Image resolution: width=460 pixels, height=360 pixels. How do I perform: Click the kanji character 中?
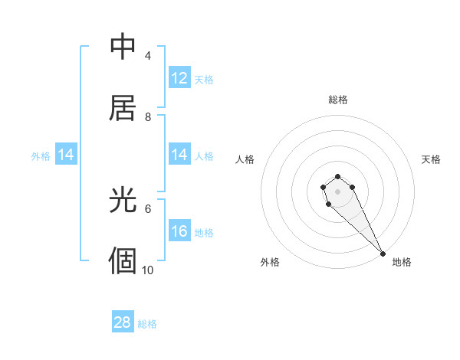[123, 47]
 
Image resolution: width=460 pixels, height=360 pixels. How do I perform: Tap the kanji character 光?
[123, 201]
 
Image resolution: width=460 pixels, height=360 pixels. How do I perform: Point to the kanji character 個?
[123, 260]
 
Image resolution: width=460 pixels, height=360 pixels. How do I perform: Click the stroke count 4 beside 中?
[148, 56]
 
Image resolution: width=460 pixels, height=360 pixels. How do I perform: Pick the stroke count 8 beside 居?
[148, 116]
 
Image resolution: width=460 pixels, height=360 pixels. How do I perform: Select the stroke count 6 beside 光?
[148, 208]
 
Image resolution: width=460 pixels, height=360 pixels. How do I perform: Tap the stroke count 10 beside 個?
[148, 270]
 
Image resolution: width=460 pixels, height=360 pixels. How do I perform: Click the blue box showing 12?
[179, 78]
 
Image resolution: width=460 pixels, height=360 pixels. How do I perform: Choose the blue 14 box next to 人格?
[179, 155]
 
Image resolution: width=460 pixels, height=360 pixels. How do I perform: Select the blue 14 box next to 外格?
[66, 155]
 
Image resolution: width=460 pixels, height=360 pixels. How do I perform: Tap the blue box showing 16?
[179, 231]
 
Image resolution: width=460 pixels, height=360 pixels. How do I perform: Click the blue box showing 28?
[123, 322]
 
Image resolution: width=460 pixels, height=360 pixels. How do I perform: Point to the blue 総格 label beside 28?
[147, 324]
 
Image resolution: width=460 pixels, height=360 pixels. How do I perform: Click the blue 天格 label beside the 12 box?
[204, 79]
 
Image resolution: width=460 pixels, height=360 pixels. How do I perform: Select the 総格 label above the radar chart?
[338, 100]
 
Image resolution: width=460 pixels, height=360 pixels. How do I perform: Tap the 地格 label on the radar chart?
[402, 262]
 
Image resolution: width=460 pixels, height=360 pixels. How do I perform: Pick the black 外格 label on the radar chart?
[270, 262]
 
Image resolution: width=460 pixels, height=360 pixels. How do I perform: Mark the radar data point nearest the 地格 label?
[383, 254]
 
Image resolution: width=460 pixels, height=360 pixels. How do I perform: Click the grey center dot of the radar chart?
[338, 191]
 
